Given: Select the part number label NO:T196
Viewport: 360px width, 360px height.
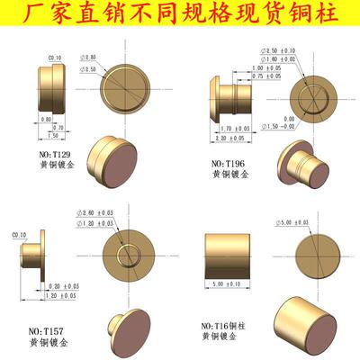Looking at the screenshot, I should point(229,163).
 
